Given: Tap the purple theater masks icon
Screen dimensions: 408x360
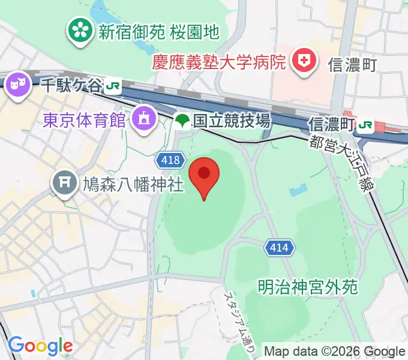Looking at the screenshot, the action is tap(17, 83).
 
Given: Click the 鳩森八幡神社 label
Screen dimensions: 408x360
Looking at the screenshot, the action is tap(132, 184).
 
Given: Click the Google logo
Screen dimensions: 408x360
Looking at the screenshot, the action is tap(40, 346).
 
